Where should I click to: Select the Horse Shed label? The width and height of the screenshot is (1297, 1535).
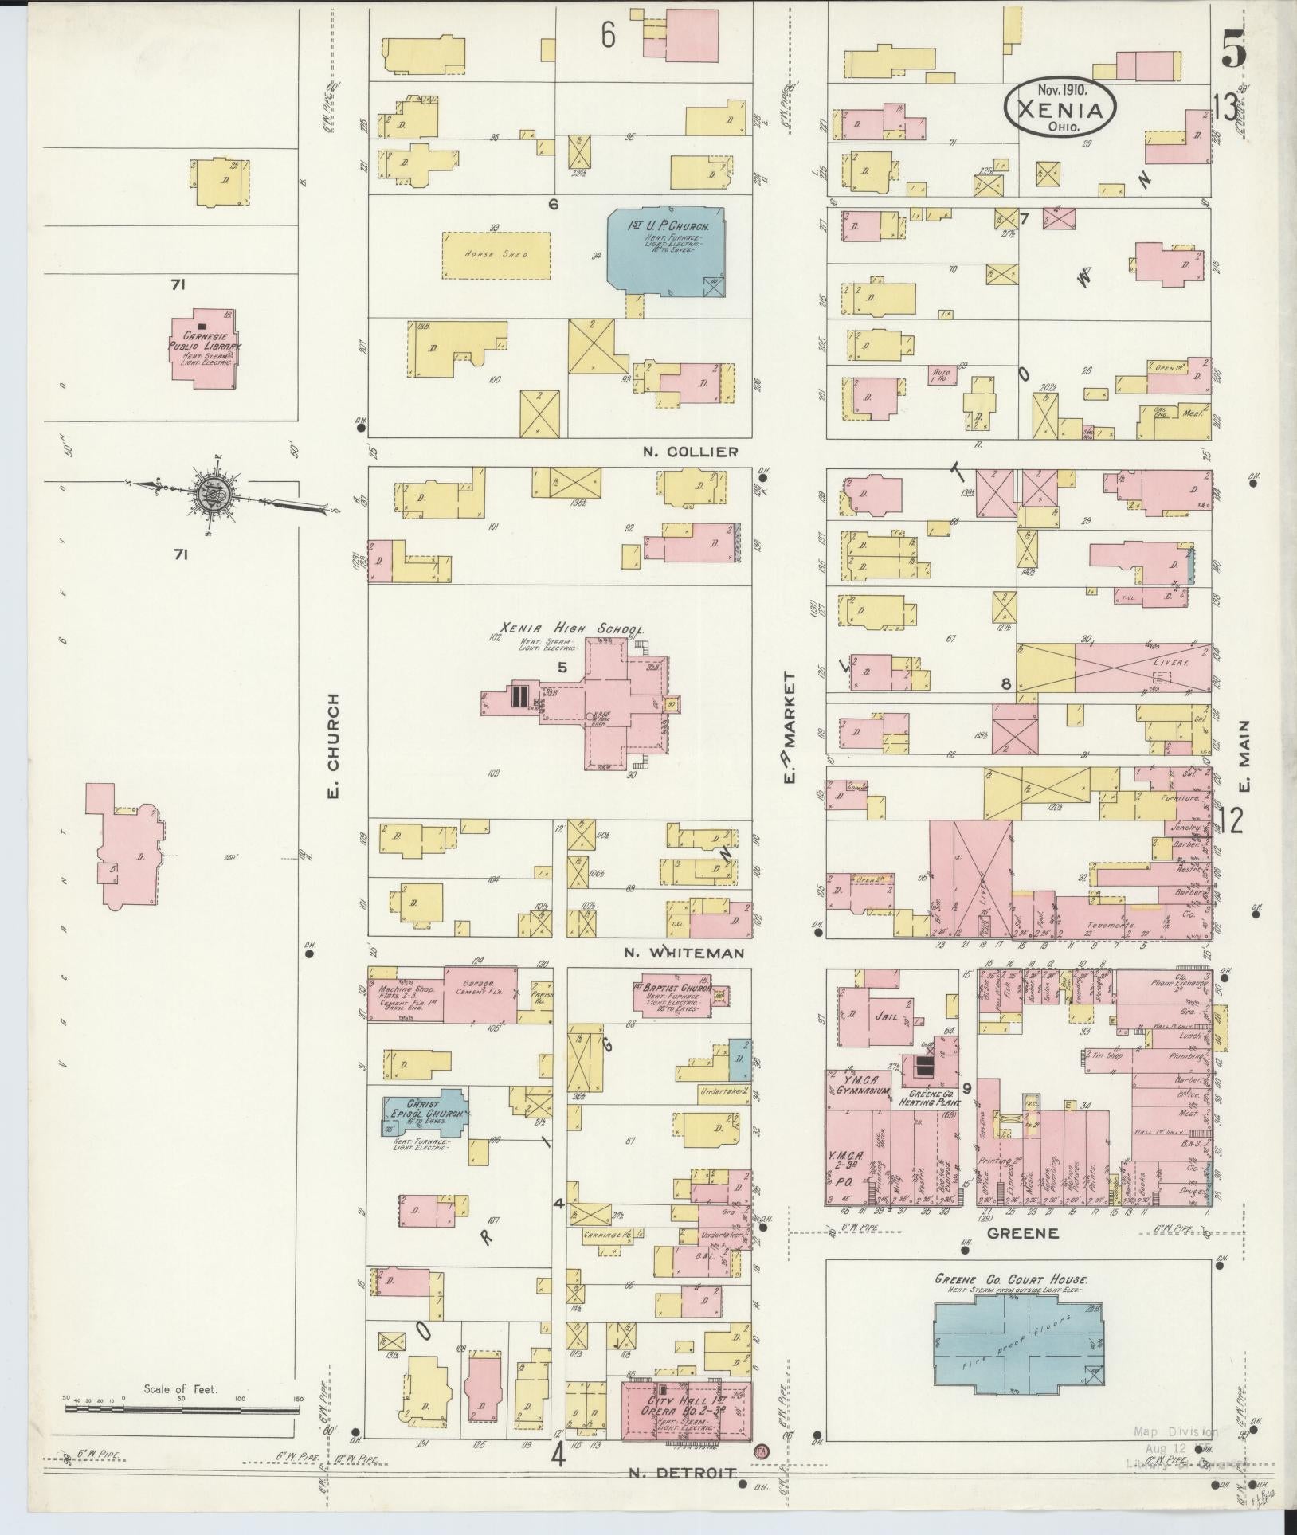click(x=496, y=255)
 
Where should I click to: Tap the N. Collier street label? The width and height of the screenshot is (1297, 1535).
click(x=690, y=452)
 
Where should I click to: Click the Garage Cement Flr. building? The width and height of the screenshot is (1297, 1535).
click(x=480, y=994)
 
